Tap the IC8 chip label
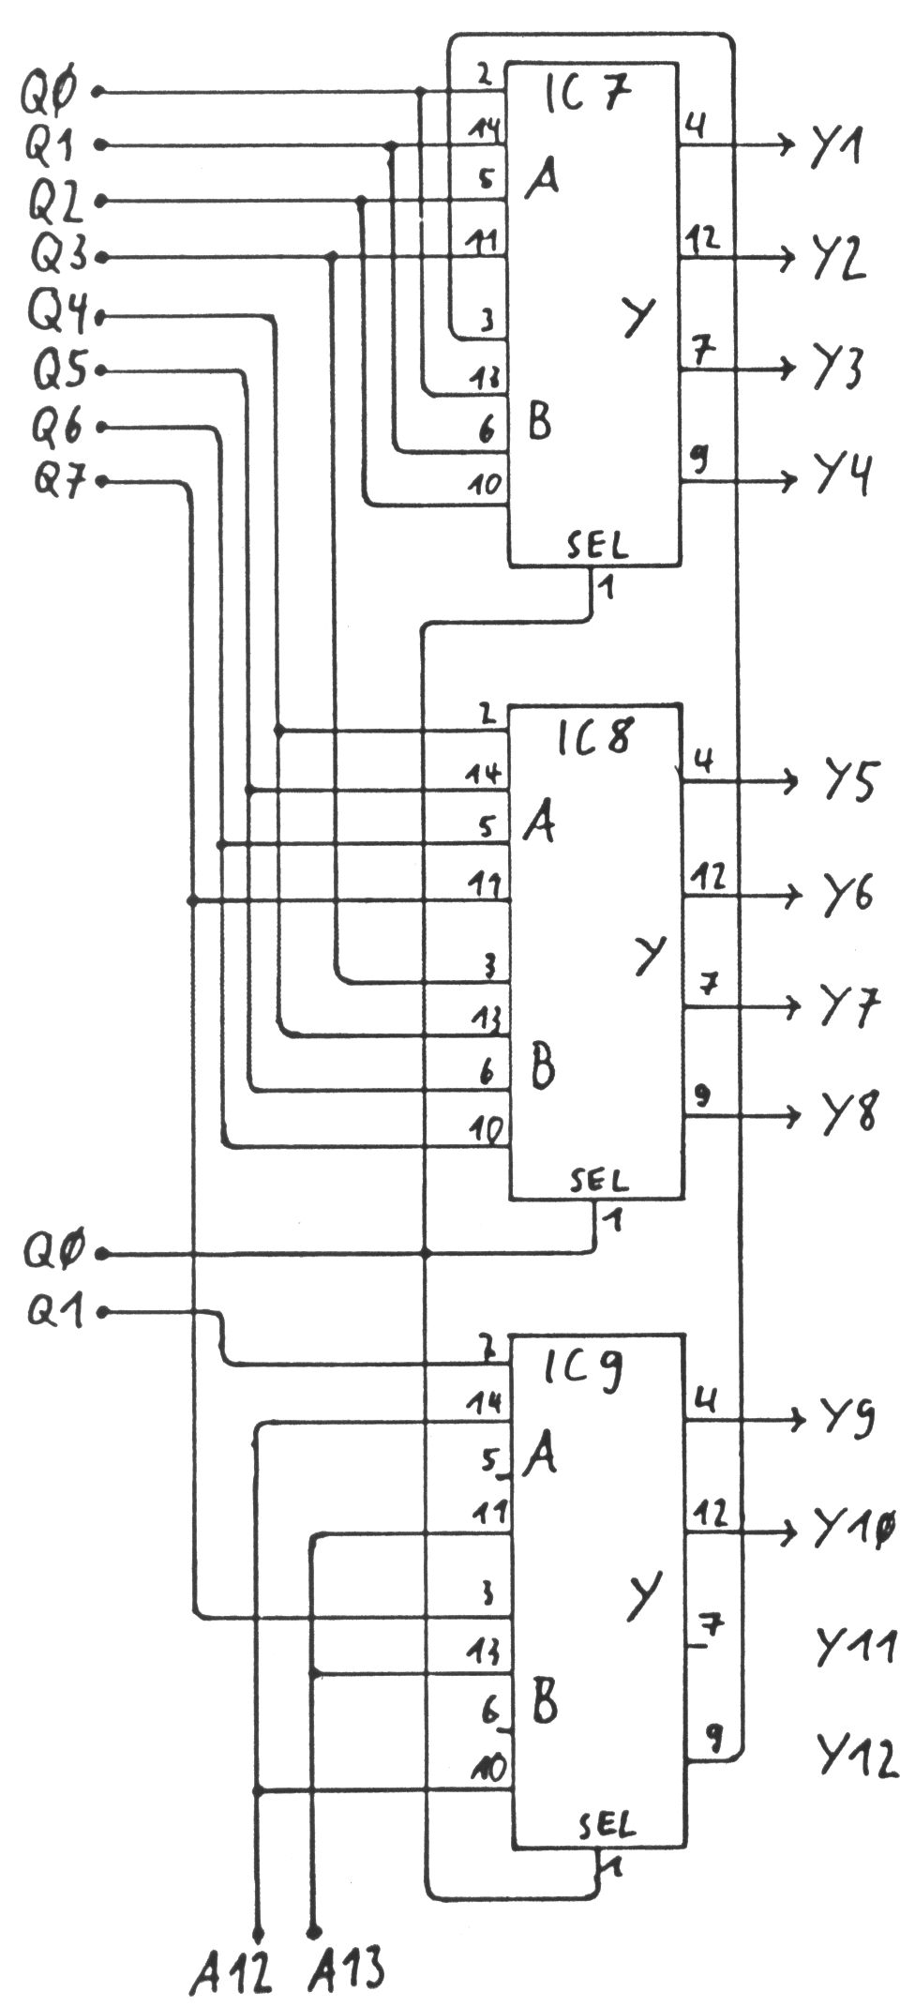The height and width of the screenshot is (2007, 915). [594, 737]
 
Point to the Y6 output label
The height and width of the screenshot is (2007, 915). [849, 896]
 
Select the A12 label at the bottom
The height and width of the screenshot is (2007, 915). [232, 1971]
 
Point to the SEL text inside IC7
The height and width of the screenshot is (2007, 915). [597, 546]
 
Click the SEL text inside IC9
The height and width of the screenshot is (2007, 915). [607, 1824]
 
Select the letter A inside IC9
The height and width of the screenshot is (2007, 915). [540, 1456]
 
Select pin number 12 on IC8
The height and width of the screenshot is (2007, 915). [708, 879]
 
